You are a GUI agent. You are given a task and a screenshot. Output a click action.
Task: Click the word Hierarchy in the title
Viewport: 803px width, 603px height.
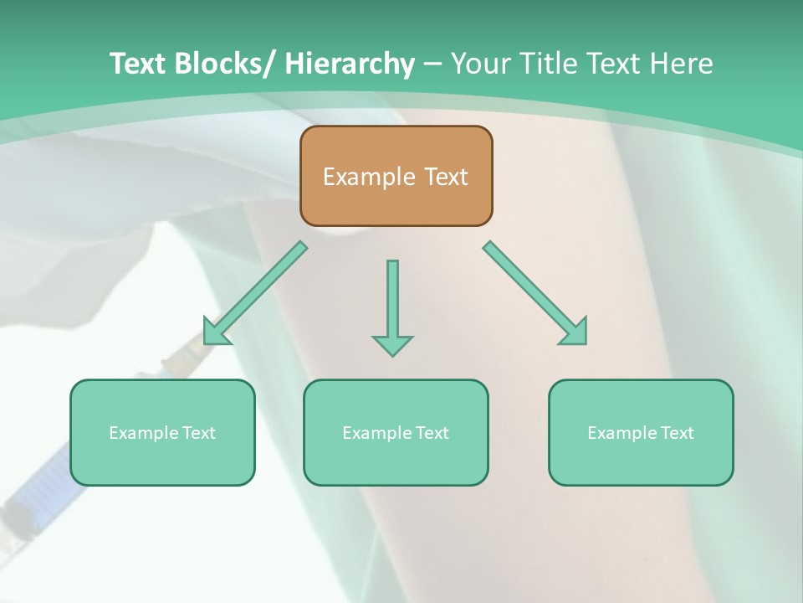pyautogui.click(x=349, y=64)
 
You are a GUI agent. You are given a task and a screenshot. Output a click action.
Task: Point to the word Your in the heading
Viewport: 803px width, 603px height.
pyautogui.click(x=480, y=64)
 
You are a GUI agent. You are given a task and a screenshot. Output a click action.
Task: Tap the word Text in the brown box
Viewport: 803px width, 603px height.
pyautogui.click(x=444, y=178)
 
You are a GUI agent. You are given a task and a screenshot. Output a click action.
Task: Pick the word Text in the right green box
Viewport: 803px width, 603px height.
pyautogui.click(x=677, y=433)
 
